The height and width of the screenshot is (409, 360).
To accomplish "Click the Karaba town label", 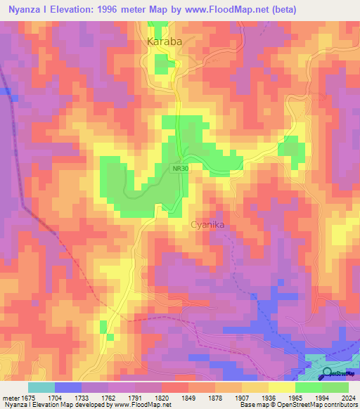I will click(165, 42).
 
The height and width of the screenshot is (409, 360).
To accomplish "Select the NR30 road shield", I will click(179, 169).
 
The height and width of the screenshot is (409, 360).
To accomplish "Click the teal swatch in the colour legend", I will click(41, 387).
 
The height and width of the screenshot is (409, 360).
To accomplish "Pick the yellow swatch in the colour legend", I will click(281, 387).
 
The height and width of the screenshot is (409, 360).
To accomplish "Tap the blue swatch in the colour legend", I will click(68, 387).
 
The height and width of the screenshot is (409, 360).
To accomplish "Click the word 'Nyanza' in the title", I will click(25, 10).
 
